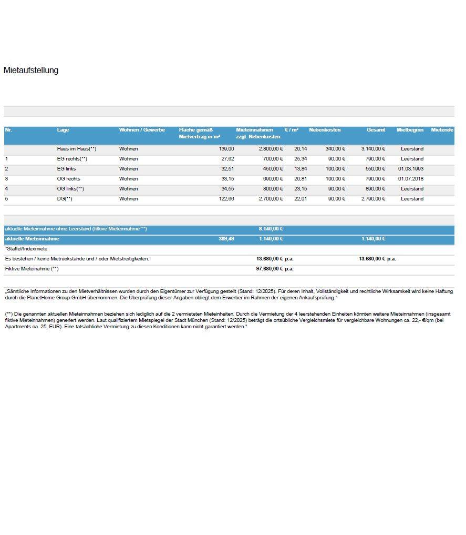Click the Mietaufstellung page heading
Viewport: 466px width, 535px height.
pyautogui.click(x=30, y=70)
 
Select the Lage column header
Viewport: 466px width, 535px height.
pyautogui.click(x=63, y=130)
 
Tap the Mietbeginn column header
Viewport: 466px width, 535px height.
pyautogui.click(x=410, y=130)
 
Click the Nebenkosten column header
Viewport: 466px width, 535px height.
pyautogui.click(x=325, y=130)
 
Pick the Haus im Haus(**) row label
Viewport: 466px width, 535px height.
pyautogui.click(x=77, y=149)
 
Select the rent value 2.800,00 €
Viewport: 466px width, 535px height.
pyautogui.click(x=271, y=149)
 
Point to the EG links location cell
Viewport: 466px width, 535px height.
pyautogui.click(x=67, y=169)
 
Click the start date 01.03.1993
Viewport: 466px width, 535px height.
pyautogui.click(x=410, y=169)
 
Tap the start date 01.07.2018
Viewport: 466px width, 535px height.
pyautogui.click(x=410, y=179)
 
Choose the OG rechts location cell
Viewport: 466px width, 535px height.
pyautogui.click(x=69, y=179)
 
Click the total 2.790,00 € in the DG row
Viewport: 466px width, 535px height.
pyautogui.click(x=373, y=199)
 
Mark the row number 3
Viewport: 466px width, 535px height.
pyautogui.click(x=7, y=179)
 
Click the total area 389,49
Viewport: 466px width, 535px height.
pyautogui.click(x=226, y=239)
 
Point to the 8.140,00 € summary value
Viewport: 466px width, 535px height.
pyautogui.click(x=271, y=229)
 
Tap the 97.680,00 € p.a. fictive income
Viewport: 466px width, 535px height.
pyautogui.click(x=275, y=269)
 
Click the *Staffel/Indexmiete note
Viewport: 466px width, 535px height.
pyautogui.click(x=26, y=249)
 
